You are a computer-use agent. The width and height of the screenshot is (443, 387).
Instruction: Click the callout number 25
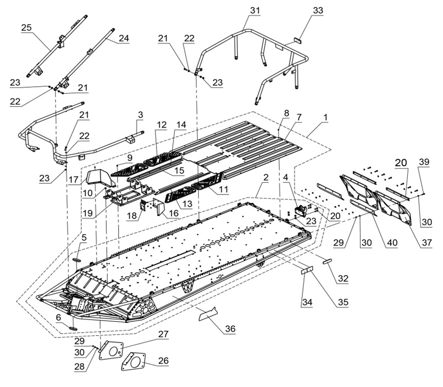click(26, 27)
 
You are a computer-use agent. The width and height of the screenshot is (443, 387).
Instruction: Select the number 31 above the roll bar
click(255, 10)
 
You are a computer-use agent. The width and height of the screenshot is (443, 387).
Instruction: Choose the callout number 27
click(163, 334)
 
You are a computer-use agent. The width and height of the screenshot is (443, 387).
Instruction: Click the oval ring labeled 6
click(73, 327)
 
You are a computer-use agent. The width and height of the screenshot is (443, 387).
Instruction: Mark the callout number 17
click(74, 180)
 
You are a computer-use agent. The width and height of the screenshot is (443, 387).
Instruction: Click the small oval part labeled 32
click(326, 261)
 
